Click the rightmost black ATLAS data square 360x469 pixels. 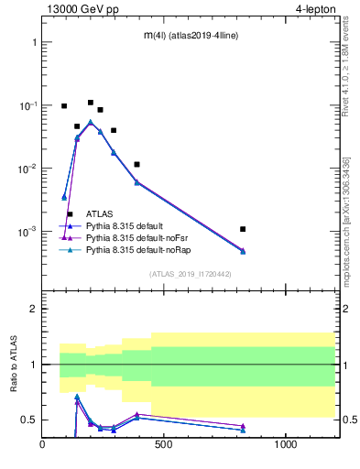point(243,229)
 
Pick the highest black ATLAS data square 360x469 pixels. point(90,103)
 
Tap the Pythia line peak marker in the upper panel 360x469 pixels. point(90,121)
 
